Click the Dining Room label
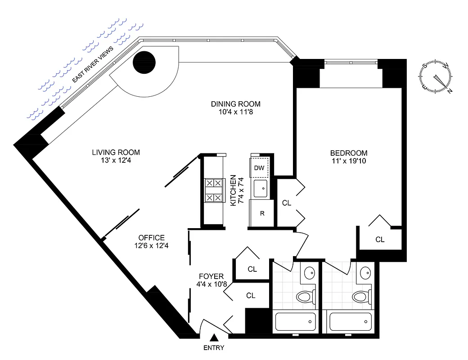tap(235, 104)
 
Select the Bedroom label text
tap(348, 153)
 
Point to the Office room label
tap(151, 238)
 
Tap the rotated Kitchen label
tap(234, 190)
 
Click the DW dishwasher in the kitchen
tap(259, 168)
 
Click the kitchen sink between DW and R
tap(260, 189)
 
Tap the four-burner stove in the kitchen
tap(214, 190)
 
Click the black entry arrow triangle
tap(215, 337)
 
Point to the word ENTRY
tap(214, 348)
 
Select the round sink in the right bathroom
tap(365, 272)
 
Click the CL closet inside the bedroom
tap(380, 239)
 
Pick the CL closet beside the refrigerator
tap(286, 203)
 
